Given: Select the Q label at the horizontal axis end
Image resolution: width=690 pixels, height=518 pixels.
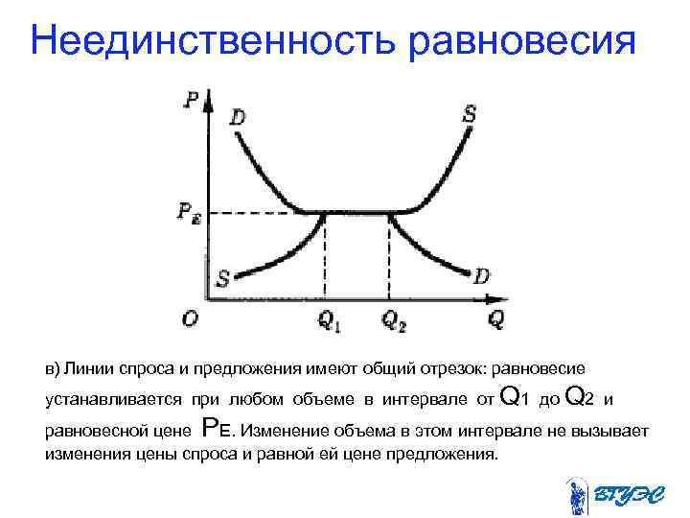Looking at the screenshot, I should coord(496,320).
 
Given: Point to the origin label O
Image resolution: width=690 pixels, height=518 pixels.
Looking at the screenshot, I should coord(191,318).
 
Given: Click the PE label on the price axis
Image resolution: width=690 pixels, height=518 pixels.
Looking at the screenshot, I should coord(188,214).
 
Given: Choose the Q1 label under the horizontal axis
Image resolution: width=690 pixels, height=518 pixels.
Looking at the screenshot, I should coord(329,321).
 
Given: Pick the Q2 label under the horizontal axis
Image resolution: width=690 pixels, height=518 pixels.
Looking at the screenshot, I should coord(394,321).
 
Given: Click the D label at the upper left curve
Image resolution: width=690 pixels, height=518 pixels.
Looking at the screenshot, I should coord(237,117).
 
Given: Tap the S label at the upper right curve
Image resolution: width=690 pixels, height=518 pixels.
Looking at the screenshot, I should coord(470,113).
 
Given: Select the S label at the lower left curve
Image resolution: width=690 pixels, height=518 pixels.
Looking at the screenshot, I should coord(222,278).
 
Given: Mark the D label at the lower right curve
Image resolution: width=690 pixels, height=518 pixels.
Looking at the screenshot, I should coord(482,276).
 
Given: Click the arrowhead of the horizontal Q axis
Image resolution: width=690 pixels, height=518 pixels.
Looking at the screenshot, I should coord(482,300).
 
